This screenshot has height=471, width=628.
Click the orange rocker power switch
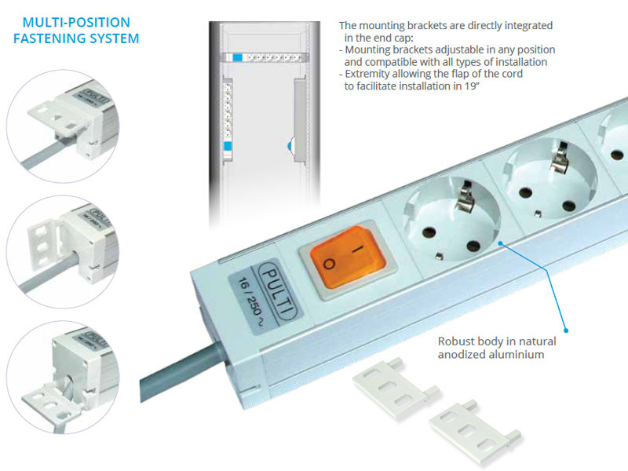[348, 258]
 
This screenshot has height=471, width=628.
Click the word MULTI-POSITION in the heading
[76, 22]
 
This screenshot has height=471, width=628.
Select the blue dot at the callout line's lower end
[566, 330]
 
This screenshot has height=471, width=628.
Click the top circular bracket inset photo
[63, 126]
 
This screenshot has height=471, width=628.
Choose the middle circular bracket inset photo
[63, 251]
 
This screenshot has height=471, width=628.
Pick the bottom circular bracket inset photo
[63, 378]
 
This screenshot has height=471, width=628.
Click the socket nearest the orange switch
[451, 219]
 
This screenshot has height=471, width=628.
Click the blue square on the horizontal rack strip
[238, 57]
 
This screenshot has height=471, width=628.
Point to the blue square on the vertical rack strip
[228, 146]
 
